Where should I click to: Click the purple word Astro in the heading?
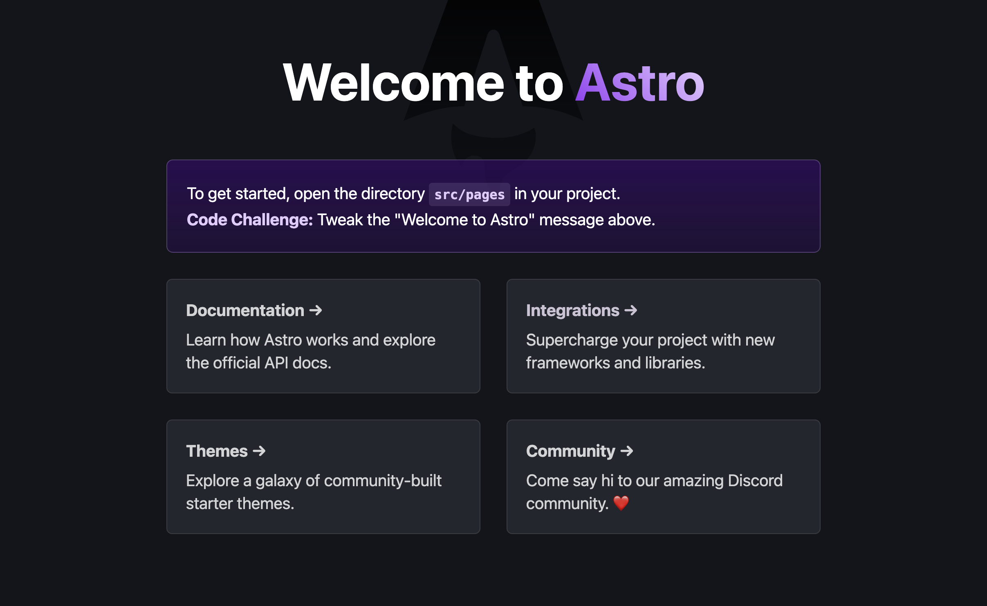639,83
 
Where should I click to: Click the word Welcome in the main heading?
393,83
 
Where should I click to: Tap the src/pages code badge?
469,195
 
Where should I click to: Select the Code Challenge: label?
249,220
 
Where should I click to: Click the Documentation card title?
245,311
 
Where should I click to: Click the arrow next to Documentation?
316,311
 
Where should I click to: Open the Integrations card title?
572,311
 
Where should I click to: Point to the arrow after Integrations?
631,311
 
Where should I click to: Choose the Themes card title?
217,451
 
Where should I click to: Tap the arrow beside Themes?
259,451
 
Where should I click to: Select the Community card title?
570,451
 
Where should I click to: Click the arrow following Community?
627,451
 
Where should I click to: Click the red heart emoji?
621,503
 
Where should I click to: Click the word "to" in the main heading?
539,83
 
